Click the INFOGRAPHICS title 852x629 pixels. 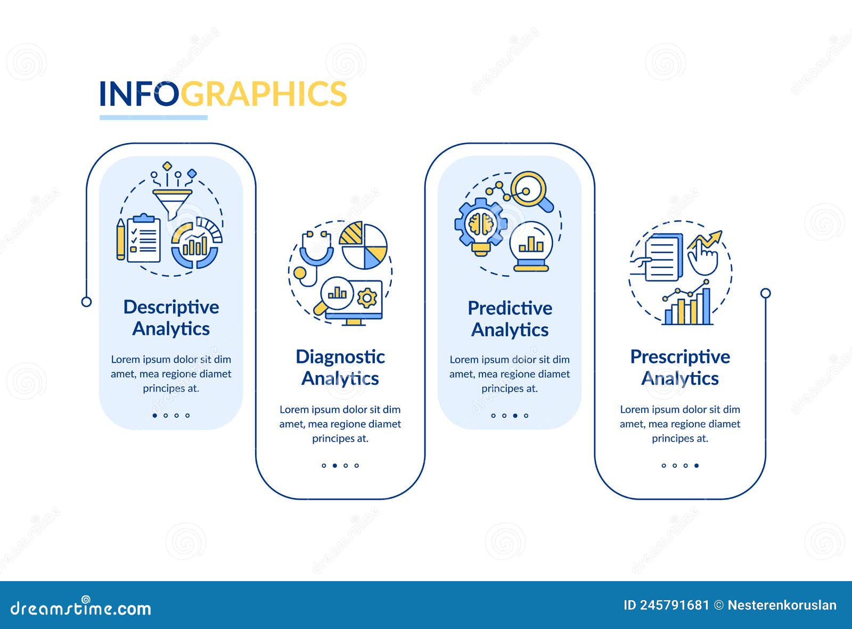click(x=223, y=94)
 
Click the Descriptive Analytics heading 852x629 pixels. click(x=171, y=318)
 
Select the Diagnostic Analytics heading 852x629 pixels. click(x=340, y=367)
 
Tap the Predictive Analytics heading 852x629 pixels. click(x=510, y=319)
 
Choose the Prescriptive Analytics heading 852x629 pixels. click(x=680, y=367)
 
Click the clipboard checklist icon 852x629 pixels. click(x=143, y=238)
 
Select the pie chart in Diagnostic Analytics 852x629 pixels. click(x=364, y=246)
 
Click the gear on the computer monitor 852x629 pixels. click(x=367, y=297)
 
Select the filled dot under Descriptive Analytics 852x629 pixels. click(x=155, y=416)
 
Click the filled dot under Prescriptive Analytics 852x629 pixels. click(x=697, y=466)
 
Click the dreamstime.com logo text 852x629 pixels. click(x=81, y=608)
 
